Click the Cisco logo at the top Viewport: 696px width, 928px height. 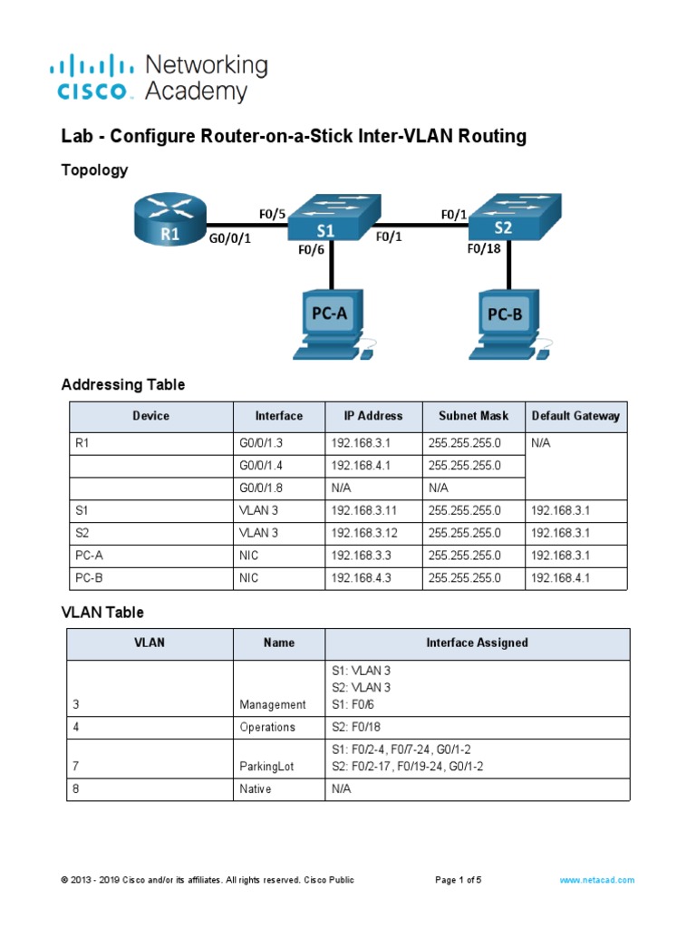click(97, 78)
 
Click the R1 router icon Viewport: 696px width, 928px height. click(169, 221)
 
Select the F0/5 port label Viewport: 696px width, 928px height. click(272, 215)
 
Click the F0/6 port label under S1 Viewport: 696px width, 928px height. click(311, 253)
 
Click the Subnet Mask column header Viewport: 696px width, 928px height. click(473, 416)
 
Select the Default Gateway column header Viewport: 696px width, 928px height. click(575, 416)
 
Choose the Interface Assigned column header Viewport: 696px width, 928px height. click(477, 643)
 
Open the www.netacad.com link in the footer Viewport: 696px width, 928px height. click(596, 880)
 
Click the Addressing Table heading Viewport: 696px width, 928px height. click(123, 384)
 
